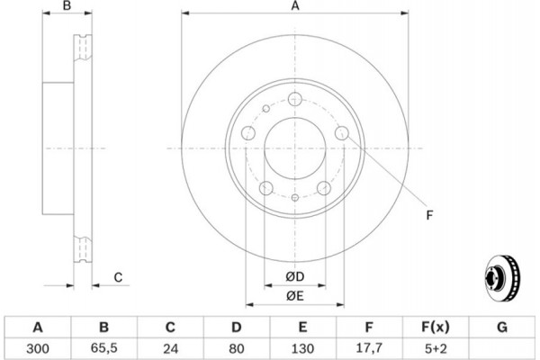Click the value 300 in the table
coord(38,348)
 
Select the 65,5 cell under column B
coord(104,348)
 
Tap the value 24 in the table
coord(170,348)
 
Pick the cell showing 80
coord(236,348)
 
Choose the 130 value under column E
coord(302,348)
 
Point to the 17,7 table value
coord(369,348)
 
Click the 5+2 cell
coord(436,348)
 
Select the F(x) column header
coord(436,327)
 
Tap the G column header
coord(502,327)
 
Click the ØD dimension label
coord(295,276)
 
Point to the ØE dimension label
coord(295,296)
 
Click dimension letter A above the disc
coord(295,6)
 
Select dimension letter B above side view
coord(67,5)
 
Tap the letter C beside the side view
coord(118,277)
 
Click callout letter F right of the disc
coord(429,215)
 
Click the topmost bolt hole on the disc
coord(295,99)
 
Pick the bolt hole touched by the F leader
coord(342,133)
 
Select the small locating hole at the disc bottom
coord(295,197)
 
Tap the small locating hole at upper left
coord(265,109)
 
